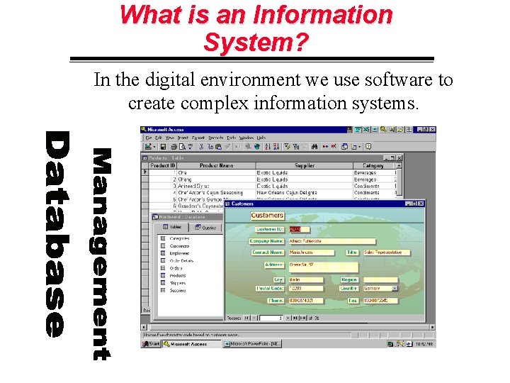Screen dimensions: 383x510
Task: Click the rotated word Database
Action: point(56,234)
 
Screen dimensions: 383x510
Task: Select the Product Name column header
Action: point(216,166)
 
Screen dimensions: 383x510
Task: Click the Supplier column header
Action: point(304,166)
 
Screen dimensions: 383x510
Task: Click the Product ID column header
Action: point(162,166)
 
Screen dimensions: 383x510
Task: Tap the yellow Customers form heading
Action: point(267,216)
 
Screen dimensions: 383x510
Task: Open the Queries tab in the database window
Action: point(210,228)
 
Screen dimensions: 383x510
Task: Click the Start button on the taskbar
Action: point(152,344)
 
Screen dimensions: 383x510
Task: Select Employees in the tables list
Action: point(179,253)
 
